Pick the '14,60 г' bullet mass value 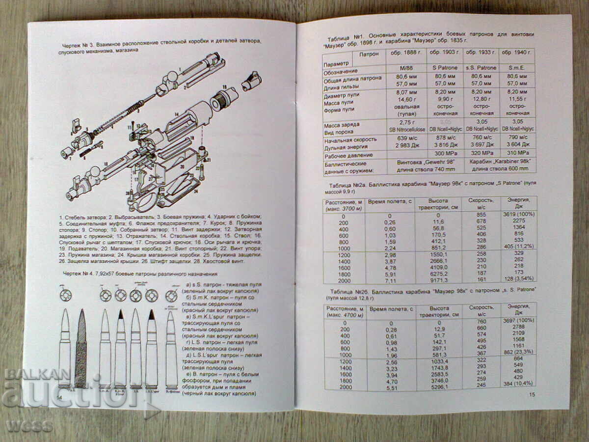[x=407, y=99]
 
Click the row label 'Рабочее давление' [x=347, y=155]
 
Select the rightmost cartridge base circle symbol [x=171, y=296]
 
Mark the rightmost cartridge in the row [x=171, y=349]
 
